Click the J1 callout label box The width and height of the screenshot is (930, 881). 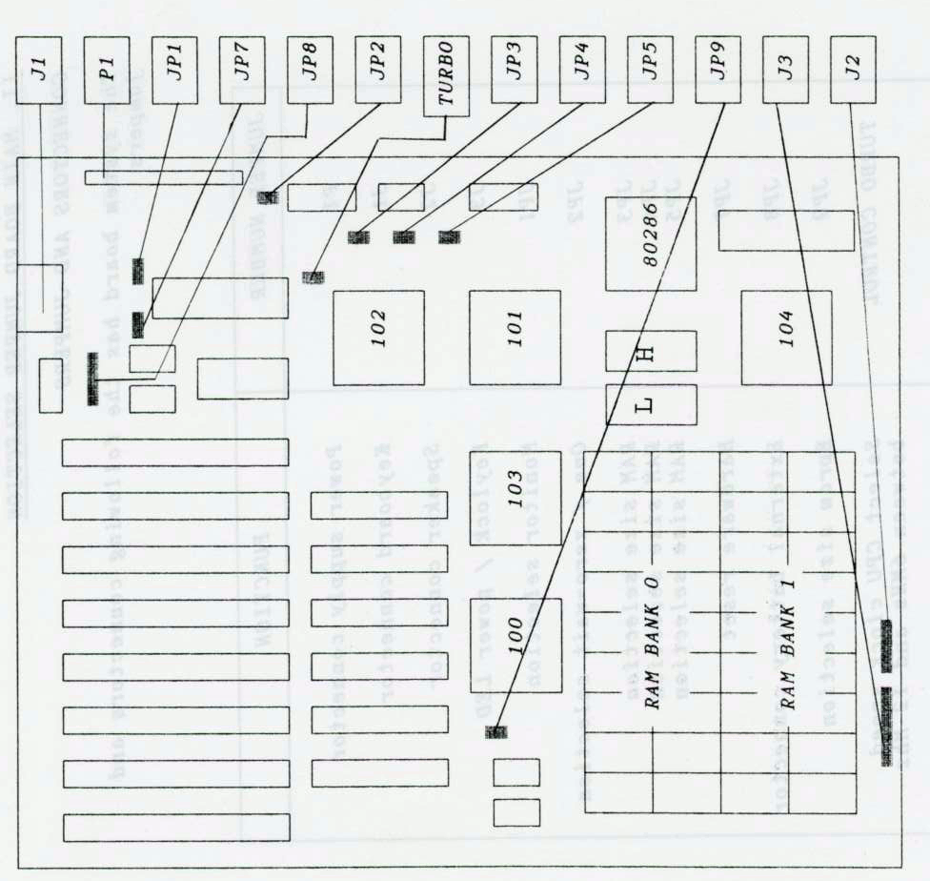pyautogui.click(x=38, y=70)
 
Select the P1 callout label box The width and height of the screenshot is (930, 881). pyautogui.click(x=107, y=70)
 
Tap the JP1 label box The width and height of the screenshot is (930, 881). pyautogui.click(x=174, y=70)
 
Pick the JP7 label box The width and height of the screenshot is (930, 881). pyautogui.click(x=242, y=70)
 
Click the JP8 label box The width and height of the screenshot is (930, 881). pyautogui.click(x=310, y=70)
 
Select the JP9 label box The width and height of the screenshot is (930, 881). pyautogui.click(x=718, y=70)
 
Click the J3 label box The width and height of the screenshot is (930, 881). pyautogui.click(x=786, y=70)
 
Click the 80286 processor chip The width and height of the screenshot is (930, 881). pyautogui.click(x=651, y=243)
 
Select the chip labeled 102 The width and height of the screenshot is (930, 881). pyautogui.click(x=378, y=338)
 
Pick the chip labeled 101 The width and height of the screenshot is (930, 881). pyautogui.click(x=515, y=338)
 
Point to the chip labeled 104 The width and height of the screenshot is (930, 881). pyautogui.click(x=786, y=338)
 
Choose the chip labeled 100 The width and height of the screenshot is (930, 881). pyautogui.click(x=515, y=646)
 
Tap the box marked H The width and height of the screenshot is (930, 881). pyautogui.click(x=651, y=351)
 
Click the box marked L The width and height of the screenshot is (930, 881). pyautogui.click(x=651, y=405)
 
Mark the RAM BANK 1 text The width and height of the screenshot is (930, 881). pyautogui.click(x=788, y=648)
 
